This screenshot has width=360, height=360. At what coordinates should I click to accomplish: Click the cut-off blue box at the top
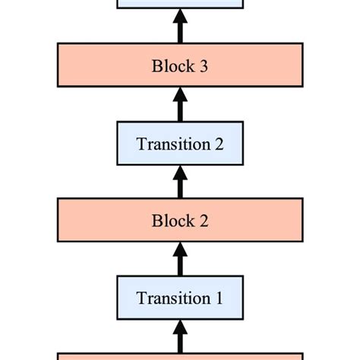(x=180, y=4)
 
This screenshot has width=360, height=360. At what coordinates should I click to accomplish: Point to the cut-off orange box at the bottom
(x=180, y=355)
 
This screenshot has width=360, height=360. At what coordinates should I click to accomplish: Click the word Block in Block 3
(x=171, y=65)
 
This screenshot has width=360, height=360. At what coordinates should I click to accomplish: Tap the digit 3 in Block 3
(x=204, y=66)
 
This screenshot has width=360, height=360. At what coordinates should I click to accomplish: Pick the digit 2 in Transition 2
(x=219, y=144)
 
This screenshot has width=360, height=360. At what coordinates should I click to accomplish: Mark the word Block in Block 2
(x=171, y=222)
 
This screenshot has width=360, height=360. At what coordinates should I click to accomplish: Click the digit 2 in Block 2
(x=204, y=222)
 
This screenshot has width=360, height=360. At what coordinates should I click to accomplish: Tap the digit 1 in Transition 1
(x=219, y=298)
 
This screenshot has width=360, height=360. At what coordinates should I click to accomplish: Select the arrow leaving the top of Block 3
(x=180, y=27)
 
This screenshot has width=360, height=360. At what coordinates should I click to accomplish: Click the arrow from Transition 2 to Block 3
(x=180, y=105)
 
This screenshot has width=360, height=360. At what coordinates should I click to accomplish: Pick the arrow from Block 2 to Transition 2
(x=180, y=183)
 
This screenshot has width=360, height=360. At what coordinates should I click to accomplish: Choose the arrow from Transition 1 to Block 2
(x=180, y=261)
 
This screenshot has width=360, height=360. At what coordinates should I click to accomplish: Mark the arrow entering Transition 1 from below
(x=180, y=336)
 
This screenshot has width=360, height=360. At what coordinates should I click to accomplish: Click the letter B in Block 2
(x=157, y=222)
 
